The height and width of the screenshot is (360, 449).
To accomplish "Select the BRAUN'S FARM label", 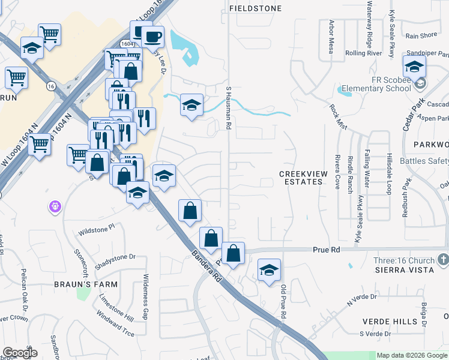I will tap(91, 283).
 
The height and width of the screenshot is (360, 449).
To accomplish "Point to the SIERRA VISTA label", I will tap(404, 270).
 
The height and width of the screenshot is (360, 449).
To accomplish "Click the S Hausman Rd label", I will tap(228, 108).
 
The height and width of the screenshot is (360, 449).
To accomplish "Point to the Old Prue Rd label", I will tap(284, 302).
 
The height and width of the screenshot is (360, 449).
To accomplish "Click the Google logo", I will tap(20, 353).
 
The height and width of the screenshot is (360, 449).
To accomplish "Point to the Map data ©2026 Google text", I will tap(412, 355).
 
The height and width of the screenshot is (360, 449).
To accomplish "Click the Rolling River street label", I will tap(364, 53).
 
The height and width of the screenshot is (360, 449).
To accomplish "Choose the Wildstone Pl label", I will tap(96, 229).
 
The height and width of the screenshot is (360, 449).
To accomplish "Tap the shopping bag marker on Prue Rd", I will tap(233, 253).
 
